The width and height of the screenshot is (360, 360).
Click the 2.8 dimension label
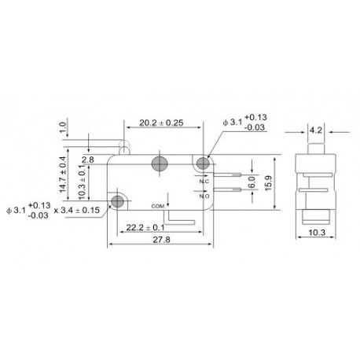pyautogui.click(x=88, y=159)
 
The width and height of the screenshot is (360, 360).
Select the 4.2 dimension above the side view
pyautogui.click(x=312, y=130)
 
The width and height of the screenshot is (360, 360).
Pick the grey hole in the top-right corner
pyautogui.click(x=204, y=163)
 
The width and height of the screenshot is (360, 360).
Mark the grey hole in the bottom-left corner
pyautogui.click(x=118, y=202)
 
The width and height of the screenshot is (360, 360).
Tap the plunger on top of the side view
pyautogui.click(x=312, y=146)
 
